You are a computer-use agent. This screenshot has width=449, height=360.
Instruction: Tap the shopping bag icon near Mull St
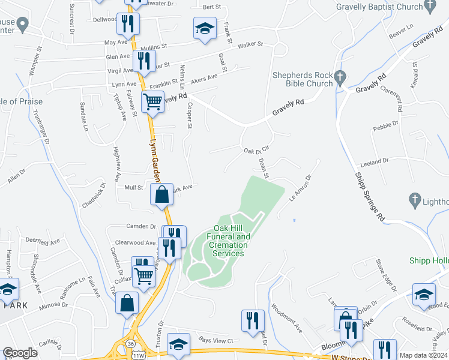pos(161,194)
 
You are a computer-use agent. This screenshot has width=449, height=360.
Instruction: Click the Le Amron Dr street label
pos(300,188)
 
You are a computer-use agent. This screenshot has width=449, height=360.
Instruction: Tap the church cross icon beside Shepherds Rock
pos(341,77)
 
